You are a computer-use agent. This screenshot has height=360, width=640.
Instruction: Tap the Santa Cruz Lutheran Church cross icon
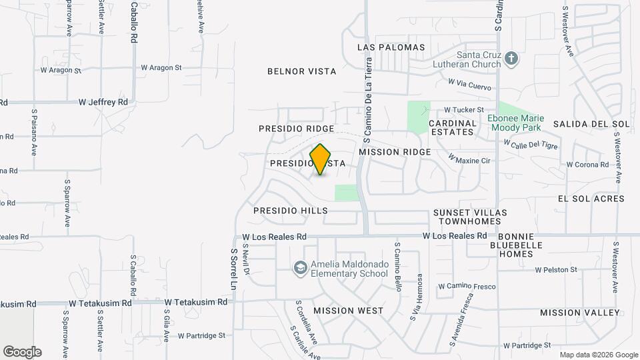pos(511,58)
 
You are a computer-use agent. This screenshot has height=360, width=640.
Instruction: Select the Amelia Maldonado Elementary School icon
pos(300,267)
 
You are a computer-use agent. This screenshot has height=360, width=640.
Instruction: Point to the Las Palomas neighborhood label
pos(391,47)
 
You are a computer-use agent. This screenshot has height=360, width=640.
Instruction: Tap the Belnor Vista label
pos(301,71)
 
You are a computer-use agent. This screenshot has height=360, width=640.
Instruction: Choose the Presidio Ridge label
pos(295,128)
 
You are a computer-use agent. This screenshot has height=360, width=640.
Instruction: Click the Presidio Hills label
pos(291,211)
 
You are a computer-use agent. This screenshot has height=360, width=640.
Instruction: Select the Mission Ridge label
pos(395,152)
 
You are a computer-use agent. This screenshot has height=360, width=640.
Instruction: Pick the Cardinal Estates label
pos(453,127)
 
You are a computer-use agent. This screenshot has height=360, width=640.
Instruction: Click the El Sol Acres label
pos(591,199)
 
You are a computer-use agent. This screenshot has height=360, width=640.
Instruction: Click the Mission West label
pos(348,311)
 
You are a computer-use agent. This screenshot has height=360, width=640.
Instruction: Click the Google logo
pos(22,351)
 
